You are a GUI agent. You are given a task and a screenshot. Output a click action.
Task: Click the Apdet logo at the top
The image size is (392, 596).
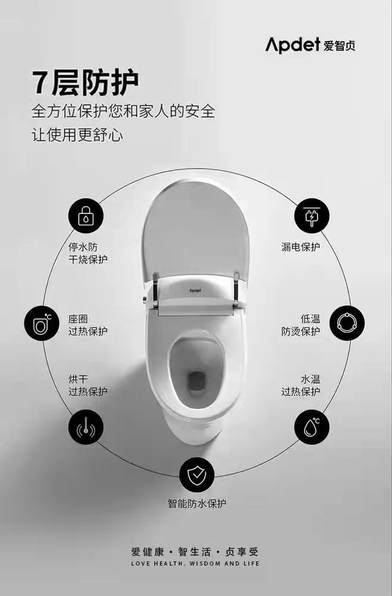click(310, 45)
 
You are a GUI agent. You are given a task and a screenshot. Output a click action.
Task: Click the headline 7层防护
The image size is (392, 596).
click(85, 82)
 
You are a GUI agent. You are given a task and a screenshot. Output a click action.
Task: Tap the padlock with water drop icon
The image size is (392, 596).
click(85, 216)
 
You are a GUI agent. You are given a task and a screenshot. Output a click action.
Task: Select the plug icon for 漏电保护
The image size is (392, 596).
click(312, 216)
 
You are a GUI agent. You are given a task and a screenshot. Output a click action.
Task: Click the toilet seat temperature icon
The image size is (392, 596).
click(42, 324)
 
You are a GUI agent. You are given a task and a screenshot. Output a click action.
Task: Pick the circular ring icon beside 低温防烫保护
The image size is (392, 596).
click(347, 323)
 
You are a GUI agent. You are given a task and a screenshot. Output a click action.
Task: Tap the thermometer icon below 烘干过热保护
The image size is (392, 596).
click(85, 427)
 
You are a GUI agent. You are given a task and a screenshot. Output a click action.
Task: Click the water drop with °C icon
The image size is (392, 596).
click(312, 427)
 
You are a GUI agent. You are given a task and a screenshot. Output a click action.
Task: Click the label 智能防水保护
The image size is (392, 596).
click(197, 504)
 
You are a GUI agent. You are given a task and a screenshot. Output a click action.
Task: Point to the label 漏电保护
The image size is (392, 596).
click(300, 247)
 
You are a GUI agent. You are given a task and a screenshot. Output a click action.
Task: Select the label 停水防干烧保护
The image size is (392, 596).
click(88, 253)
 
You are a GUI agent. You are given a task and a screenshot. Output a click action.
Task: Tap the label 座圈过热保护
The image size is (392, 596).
click(88, 325)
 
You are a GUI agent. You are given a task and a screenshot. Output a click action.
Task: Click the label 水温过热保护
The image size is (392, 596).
click(300, 385)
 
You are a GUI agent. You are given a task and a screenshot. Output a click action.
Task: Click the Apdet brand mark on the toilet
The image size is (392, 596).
click(195, 291)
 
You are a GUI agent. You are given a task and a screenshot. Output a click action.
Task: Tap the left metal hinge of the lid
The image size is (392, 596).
click(155, 289)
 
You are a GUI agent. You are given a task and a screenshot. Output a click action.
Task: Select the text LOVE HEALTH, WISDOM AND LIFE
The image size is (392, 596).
click(195, 563)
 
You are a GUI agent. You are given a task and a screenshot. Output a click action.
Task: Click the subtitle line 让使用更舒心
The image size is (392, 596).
click(77, 135)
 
